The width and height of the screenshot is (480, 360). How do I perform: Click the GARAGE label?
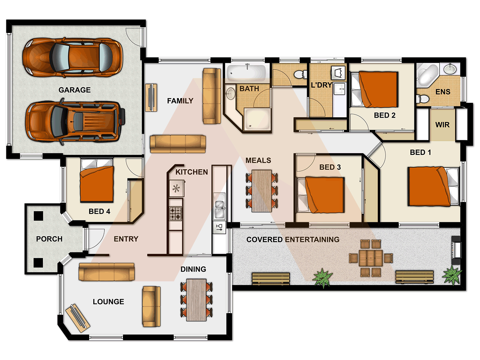pos(74,90)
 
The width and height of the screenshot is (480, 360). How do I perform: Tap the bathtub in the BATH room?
pos(246,73)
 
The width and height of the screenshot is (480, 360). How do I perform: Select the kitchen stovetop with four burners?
pos(176,213)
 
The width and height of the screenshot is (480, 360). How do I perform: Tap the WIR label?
pos(442,125)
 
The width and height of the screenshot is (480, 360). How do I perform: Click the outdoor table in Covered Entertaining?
pos(371,258)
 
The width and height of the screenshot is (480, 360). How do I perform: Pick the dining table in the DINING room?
pos(196,300)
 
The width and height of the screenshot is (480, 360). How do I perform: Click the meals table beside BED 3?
pos(262,191)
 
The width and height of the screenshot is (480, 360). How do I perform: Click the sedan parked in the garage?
pos(72,57)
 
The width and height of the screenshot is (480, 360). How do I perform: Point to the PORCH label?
pos(49,239)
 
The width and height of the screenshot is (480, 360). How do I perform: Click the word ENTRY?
pos(126,239)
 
